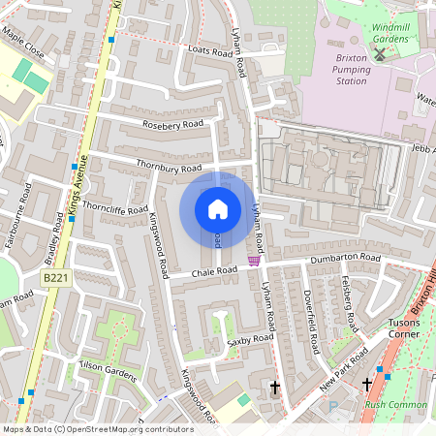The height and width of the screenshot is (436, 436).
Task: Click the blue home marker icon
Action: coord(218,209)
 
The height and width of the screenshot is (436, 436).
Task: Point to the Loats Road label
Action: coord(186,49)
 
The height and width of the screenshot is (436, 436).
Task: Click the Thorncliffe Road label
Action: coord(115,207)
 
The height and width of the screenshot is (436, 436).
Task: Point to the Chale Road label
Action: coord(213,271)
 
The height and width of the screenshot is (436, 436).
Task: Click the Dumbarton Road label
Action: coord(345,259)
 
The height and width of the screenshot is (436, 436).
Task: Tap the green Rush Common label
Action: coord(395,404)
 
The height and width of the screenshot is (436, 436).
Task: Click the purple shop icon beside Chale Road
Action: coord(254,260)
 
